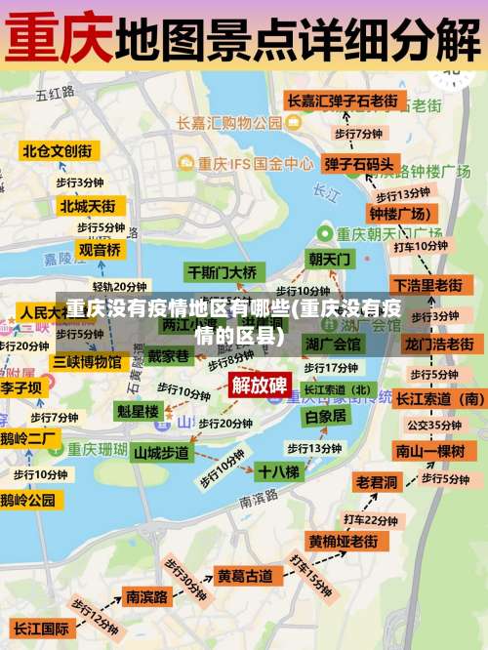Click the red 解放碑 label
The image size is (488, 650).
(259, 384)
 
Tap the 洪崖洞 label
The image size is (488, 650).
(333, 344)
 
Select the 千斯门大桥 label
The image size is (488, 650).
(223, 271)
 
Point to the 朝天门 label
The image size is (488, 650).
(329, 259)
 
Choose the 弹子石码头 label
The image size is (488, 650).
(359, 164)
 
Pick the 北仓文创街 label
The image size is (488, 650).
(58, 150)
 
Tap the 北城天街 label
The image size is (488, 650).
(87, 206)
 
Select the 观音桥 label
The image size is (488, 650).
(101, 250)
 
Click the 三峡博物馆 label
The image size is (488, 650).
(88, 362)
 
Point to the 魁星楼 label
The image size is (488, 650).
(138, 411)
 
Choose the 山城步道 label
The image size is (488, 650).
(162, 453)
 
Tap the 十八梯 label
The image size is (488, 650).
(279, 471)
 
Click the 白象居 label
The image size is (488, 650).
(326, 416)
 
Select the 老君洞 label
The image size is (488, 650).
(376, 482)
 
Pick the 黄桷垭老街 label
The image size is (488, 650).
(343, 541)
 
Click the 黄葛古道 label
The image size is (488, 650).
(244, 576)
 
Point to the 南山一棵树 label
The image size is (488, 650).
(429, 450)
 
